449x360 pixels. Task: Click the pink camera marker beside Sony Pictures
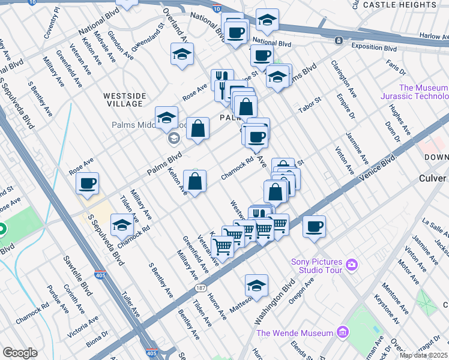352,264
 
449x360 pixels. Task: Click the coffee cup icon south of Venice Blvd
314,226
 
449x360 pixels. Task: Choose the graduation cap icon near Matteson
256,285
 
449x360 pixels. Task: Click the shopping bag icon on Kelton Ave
195,181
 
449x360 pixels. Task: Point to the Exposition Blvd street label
374,47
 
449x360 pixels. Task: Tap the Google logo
20,353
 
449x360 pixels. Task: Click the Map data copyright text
423,355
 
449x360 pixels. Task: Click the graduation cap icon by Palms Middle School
166,117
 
